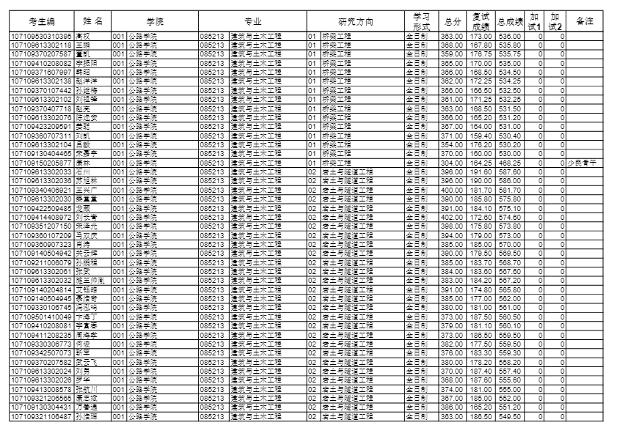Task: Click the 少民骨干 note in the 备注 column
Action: pos(583,163)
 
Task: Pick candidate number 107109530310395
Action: pos(41,36)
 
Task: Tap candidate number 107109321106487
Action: pos(41,416)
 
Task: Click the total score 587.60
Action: pos(509,170)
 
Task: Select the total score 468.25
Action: pos(509,163)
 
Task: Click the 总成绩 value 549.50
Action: pos(509,416)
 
